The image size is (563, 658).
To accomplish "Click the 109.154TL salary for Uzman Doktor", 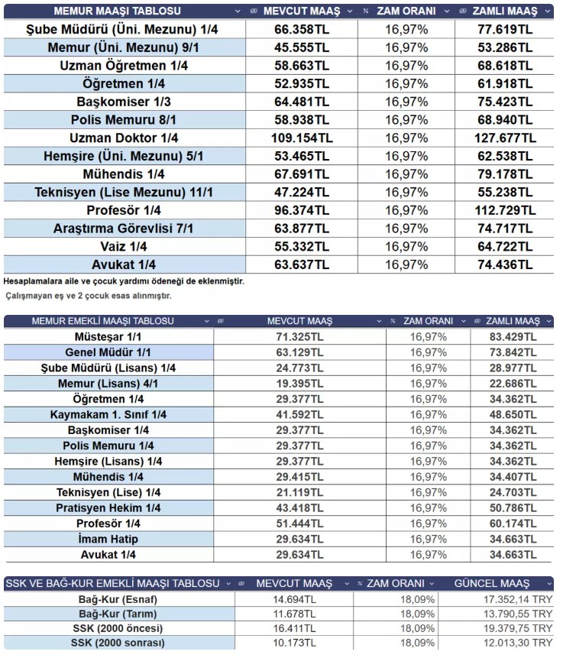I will [303, 138].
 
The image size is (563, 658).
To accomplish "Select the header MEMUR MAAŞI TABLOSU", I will [118, 11].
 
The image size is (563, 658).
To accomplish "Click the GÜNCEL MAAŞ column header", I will [493, 583].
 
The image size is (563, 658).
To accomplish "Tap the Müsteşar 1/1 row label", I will [108, 337].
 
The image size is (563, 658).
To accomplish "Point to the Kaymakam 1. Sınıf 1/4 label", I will [108, 414].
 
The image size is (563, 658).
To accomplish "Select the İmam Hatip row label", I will [108, 540].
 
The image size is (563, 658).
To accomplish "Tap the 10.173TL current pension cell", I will [294, 643].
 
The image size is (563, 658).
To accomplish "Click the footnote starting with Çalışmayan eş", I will [89, 295].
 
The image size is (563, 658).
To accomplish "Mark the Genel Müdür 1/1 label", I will [108, 352].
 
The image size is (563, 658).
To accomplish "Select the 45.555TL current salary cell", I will [303, 47].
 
